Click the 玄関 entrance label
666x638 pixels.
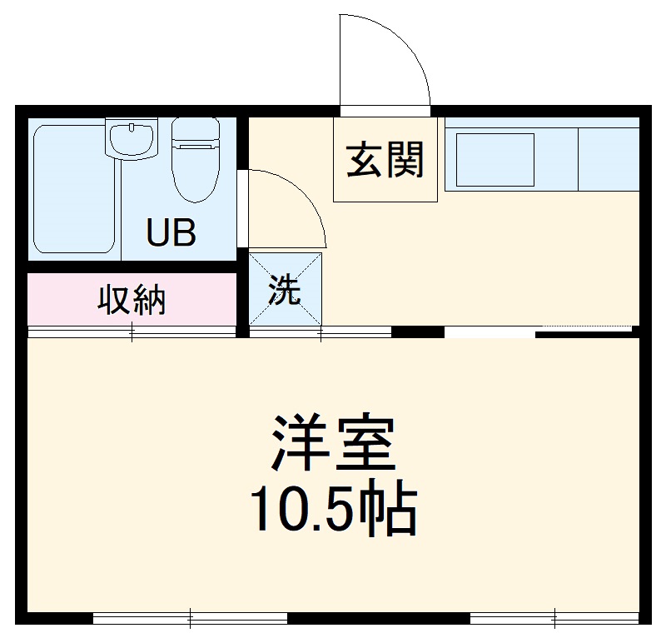(x=385, y=160)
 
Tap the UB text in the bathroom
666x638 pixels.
(x=171, y=233)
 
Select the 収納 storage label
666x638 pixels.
(x=132, y=300)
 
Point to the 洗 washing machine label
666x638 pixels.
(x=284, y=291)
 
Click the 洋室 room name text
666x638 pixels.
(x=332, y=442)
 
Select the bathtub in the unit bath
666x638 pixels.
(x=73, y=188)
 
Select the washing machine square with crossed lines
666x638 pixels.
(x=286, y=288)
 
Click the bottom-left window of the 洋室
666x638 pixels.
(x=190, y=619)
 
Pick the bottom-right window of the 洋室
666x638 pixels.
(x=554, y=619)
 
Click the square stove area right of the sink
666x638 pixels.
(x=608, y=159)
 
